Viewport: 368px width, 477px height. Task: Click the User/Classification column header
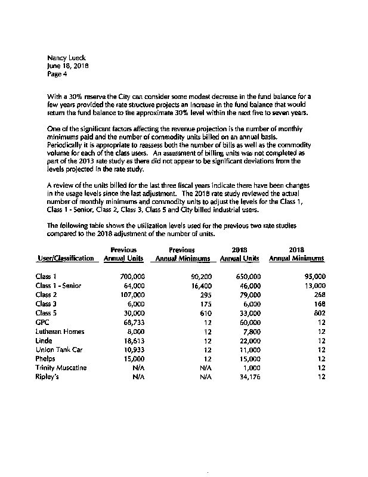click(66, 258)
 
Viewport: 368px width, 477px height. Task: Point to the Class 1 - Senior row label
click(58, 286)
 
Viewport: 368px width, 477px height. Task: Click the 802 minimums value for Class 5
click(319, 313)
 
